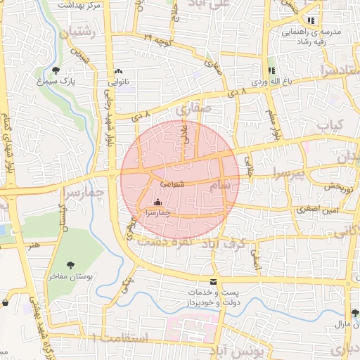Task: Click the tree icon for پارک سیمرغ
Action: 56,70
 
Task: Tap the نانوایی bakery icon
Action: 119,72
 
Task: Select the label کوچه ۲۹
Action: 157,37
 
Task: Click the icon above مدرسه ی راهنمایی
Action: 311,20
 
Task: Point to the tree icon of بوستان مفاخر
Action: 71,264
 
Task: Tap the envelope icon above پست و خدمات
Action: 214,281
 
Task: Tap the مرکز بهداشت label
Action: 77,4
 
